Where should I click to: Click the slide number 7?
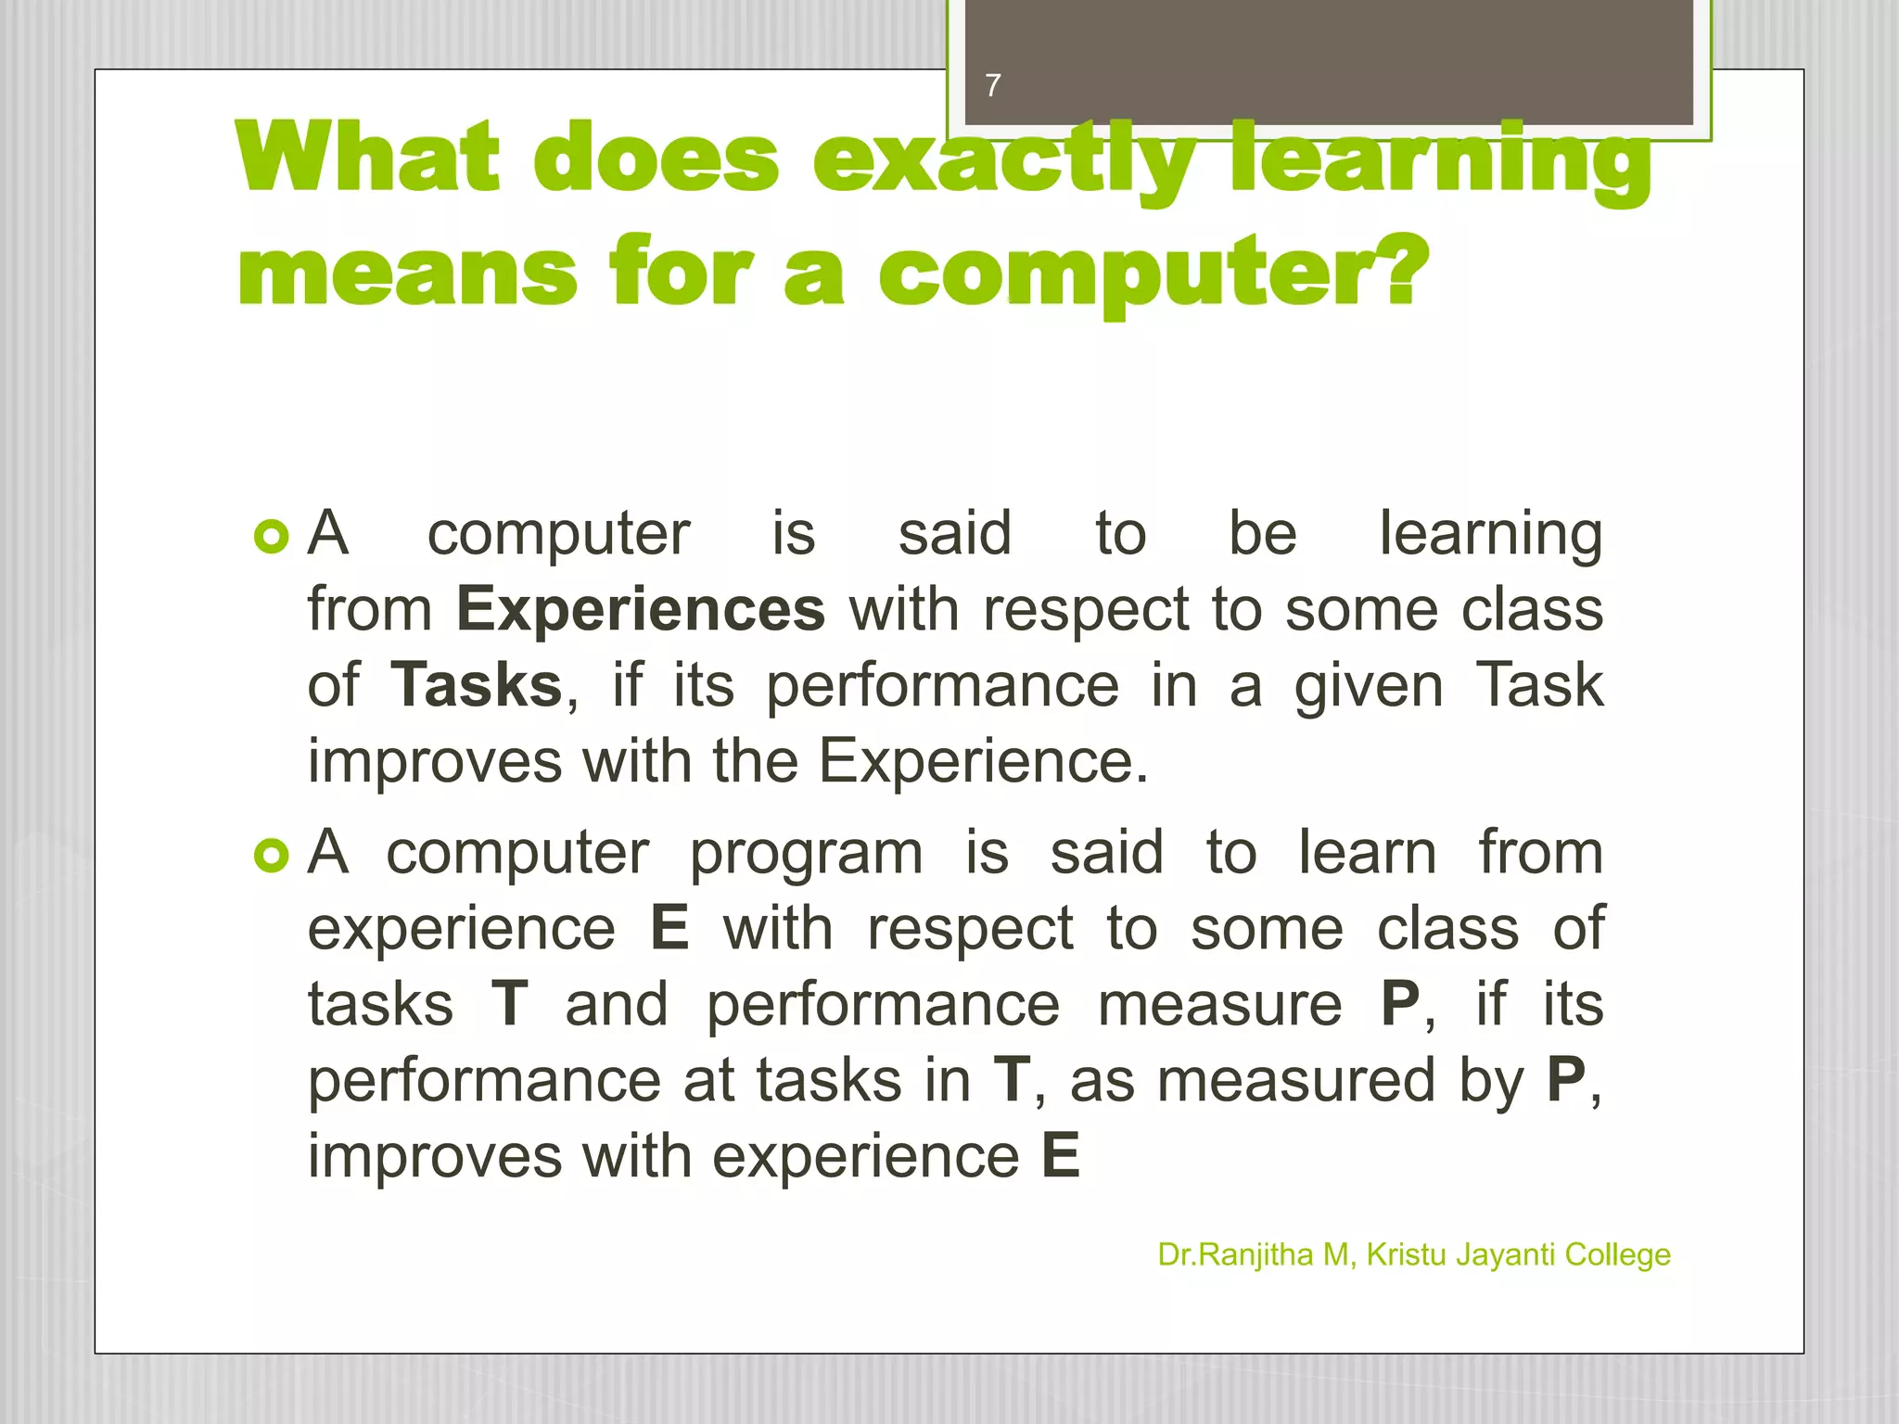tap(993, 85)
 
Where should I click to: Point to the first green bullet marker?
tap(272, 536)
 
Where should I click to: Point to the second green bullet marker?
tap(272, 855)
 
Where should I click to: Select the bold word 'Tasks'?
tap(477, 685)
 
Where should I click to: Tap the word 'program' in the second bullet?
tap(806, 853)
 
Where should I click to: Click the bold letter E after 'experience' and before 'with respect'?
tap(670, 928)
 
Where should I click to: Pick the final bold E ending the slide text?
tap(1061, 1156)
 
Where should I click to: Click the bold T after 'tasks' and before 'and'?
tap(510, 1004)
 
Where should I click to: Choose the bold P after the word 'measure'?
tap(1400, 1004)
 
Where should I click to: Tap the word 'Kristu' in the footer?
tap(1407, 1254)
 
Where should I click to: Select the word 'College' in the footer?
tap(1617, 1255)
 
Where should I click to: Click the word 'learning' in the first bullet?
tap(1490, 535)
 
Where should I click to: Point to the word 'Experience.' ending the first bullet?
tap(983, 761)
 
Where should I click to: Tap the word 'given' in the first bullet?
tap(1369, 687)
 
